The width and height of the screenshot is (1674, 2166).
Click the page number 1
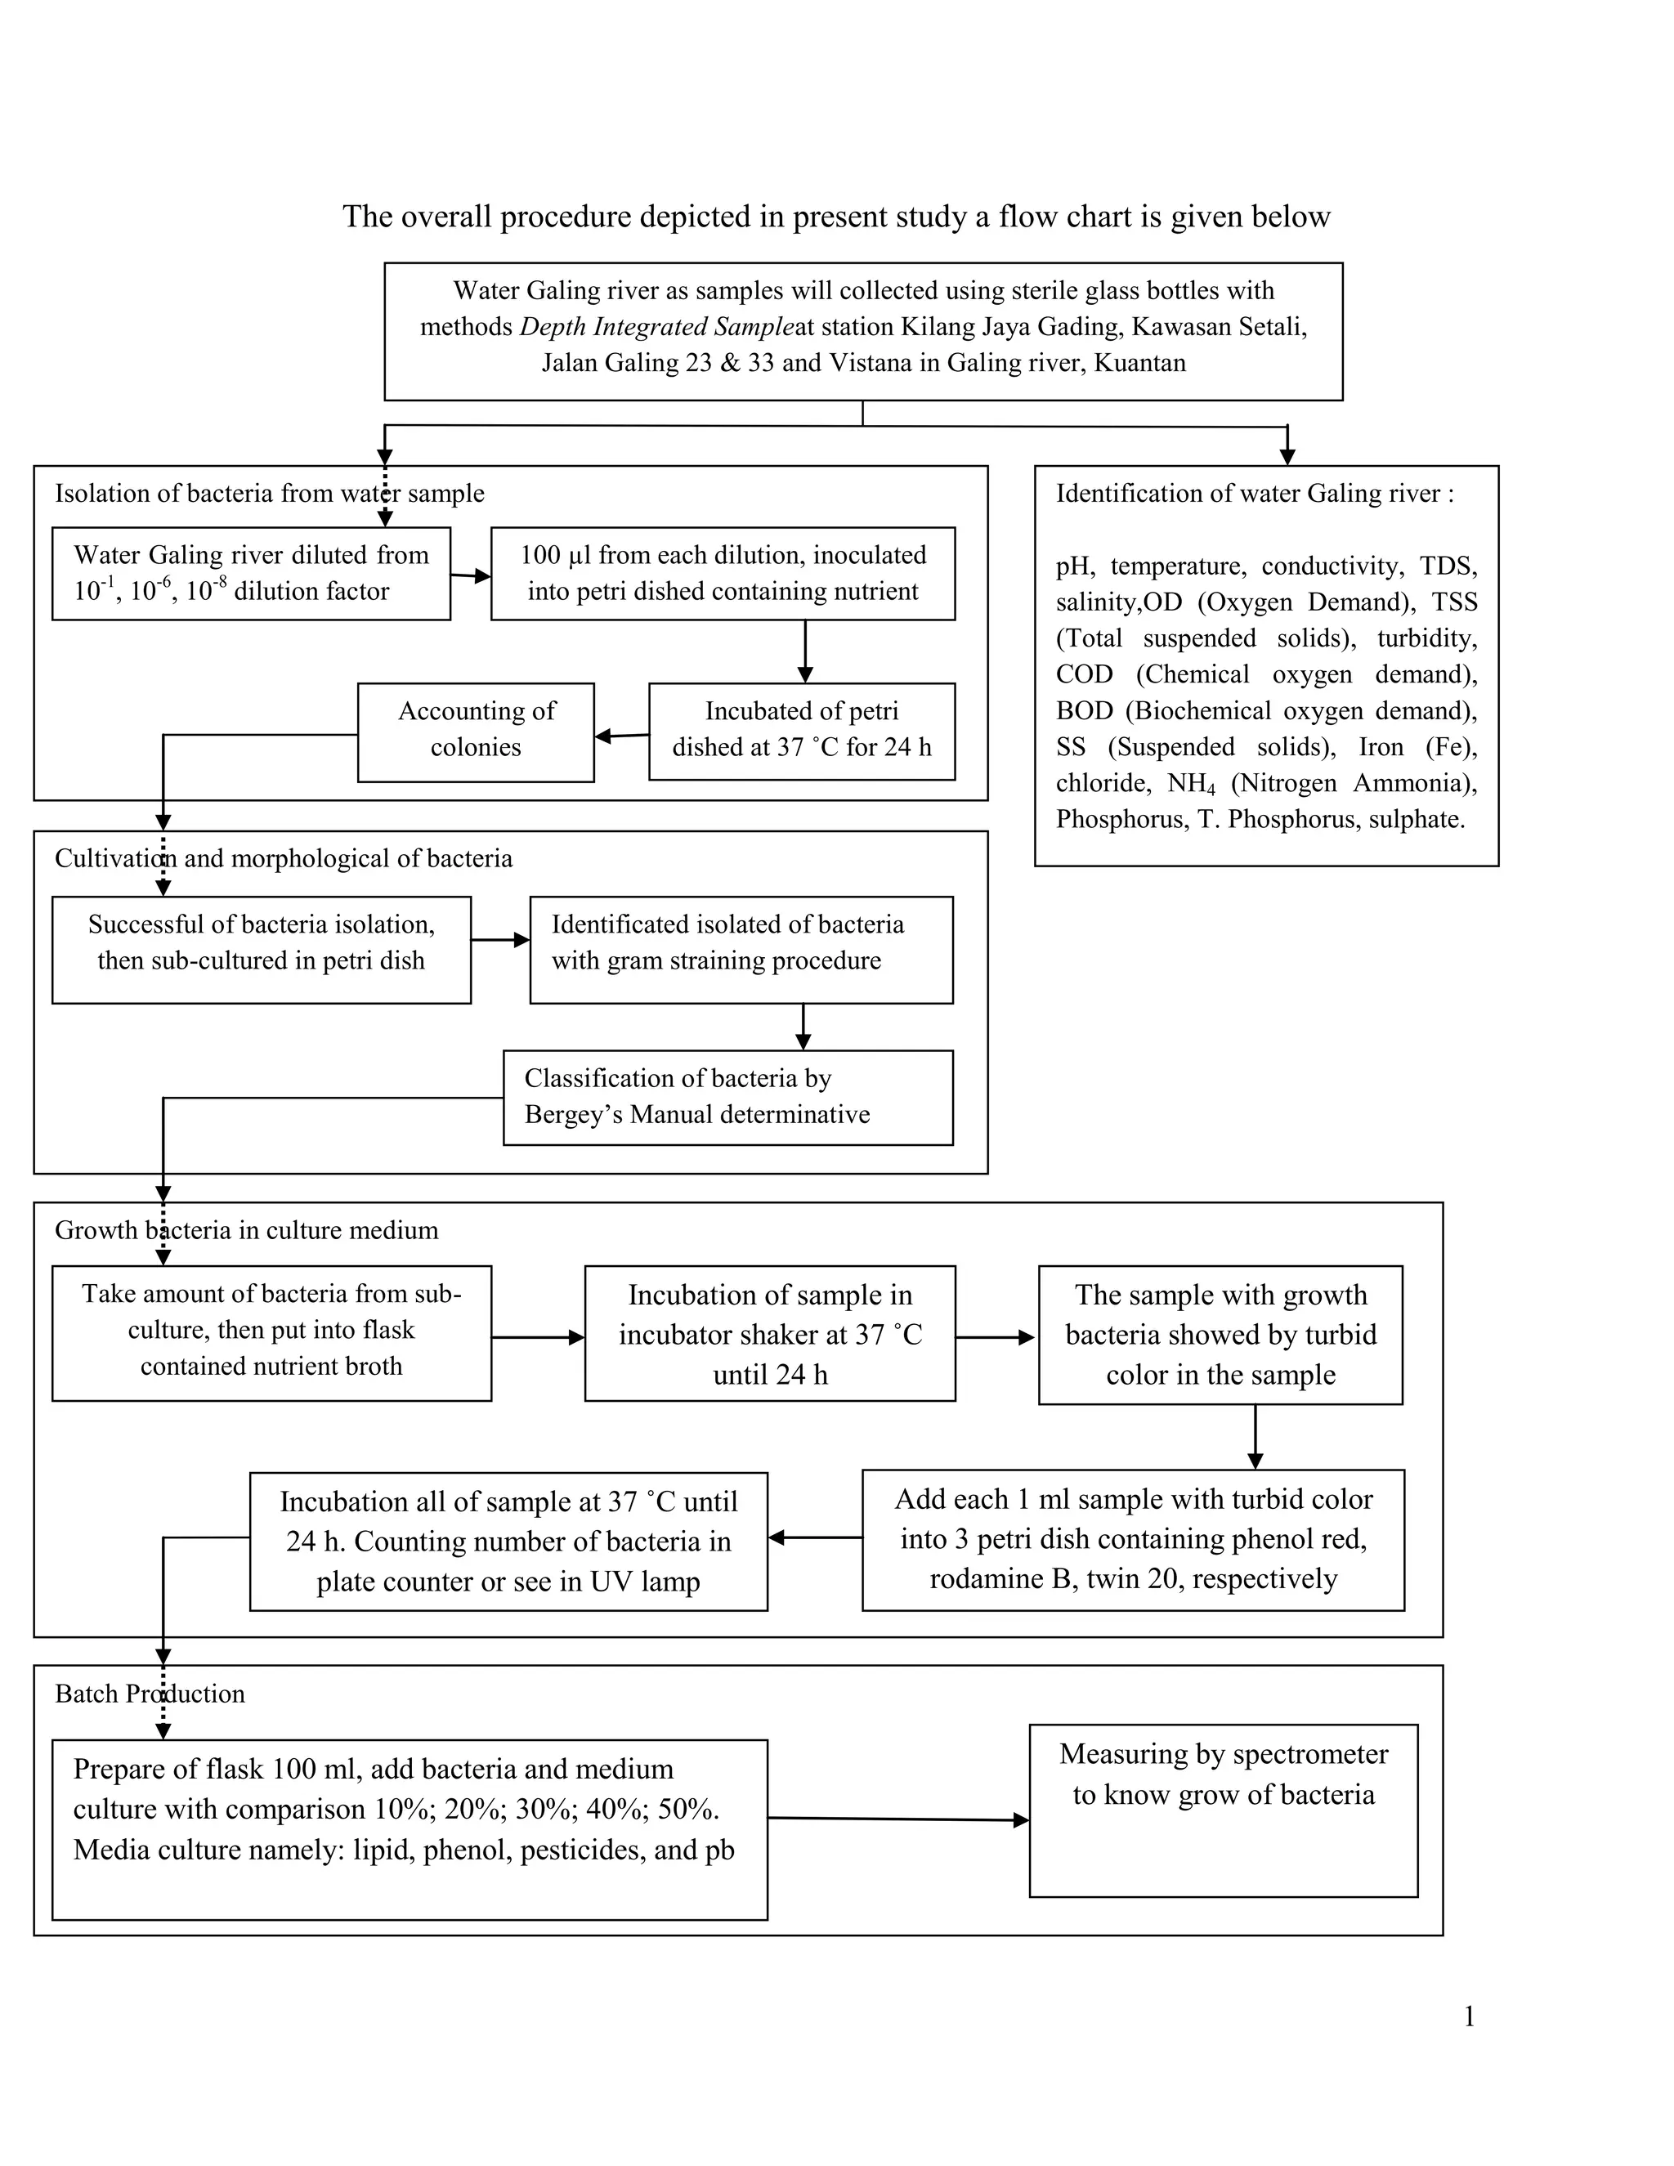click(x=1469, y=2016)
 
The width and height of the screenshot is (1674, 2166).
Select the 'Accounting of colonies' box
click(x=476, y=732)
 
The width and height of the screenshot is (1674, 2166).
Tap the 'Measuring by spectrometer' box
click(x=1224, y=1811)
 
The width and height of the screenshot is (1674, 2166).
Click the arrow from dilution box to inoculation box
click(x=471, y=575)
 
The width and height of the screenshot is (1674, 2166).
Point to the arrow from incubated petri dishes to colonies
click(x=622, y=736)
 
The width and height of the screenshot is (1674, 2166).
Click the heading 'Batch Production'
click(x=150, y=1694)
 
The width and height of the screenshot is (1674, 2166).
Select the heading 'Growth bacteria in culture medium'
click(x=246, y=1231)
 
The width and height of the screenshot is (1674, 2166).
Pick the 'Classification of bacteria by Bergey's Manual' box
click(x=728, y=1098)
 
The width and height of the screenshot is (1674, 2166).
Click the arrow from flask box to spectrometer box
click(x=898, y=1819)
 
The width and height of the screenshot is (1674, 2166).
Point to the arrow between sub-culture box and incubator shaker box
click(x=539, y=1338)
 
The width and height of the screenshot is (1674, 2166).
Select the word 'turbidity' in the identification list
click(x=1427, y=638)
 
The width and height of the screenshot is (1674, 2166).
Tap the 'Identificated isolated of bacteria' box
click(x=742, y=950)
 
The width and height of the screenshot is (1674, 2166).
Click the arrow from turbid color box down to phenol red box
click(x=1255, y=1437)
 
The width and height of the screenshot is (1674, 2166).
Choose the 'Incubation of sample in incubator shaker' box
click(x=771, y=1334)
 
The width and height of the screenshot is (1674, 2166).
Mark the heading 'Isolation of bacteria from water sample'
click(x=270, y=494)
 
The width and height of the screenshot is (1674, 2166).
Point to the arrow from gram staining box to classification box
click(x=803, y=1027)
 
